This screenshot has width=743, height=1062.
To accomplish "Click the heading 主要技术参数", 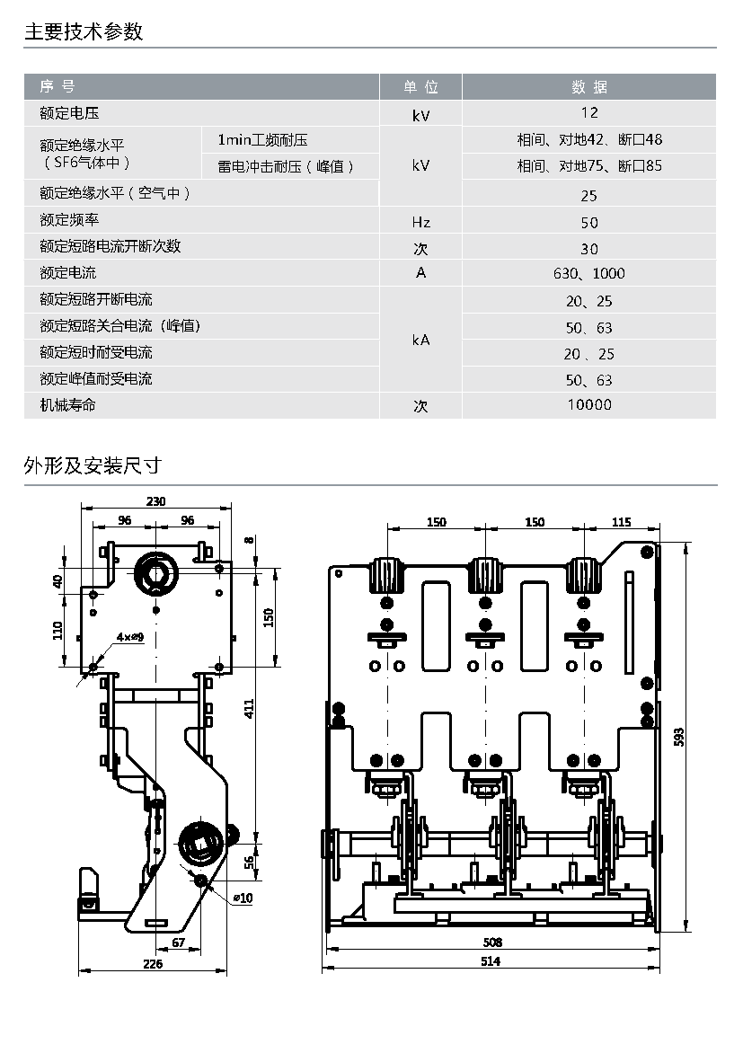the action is [x=84, y=31].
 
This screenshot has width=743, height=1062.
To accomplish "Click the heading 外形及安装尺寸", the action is [x=93, y=465].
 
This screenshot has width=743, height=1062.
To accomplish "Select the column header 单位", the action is [x=420, y=86].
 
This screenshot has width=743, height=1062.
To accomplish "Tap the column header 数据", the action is [x=589, y=86].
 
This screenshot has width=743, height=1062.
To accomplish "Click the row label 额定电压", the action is [x=69, y=113].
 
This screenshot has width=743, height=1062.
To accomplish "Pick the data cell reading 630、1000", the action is [x=589, y=274].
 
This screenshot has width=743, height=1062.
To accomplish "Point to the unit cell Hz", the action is [x=420, y=222].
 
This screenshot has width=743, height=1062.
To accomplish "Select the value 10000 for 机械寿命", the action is [x=589, y=405].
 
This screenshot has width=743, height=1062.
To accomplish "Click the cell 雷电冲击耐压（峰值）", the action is [x=286, y=166].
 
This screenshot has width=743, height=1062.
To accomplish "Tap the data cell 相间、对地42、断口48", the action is [x=589, y=139].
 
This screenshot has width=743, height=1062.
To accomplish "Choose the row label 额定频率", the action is [x=69, y=219].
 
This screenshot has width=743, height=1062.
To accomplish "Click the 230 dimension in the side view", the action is [x=155, y=501].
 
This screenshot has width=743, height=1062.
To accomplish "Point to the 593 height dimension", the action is [x=679, y=737].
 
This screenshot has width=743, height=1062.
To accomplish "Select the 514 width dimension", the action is [x=491, y=961].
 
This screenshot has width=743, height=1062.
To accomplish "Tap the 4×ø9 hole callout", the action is [x=130, y=637].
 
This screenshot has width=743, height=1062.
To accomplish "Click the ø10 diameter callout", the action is [x=243, y=898].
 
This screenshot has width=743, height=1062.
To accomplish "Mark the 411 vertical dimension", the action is [x=249, y=709].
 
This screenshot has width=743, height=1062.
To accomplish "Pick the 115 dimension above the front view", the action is [x=621, y=521].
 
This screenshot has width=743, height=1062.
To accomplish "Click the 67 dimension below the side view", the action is [x=178, y=943].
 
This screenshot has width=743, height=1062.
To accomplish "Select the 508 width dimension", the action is [x=492, y=943].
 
